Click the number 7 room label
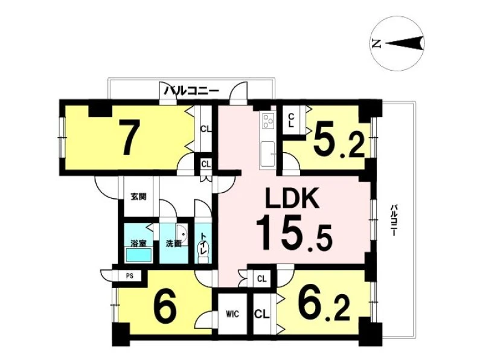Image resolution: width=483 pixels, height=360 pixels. [130, 137]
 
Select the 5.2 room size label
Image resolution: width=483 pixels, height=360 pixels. [339, 141]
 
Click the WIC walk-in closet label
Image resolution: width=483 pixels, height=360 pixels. [232, 314]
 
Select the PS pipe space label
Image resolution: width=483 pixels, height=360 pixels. [130, 276]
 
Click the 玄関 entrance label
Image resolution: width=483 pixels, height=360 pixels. [138, 196]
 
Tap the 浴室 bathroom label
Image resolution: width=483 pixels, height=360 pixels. [138, 243]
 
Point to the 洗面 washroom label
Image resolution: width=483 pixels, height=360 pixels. [174, 243]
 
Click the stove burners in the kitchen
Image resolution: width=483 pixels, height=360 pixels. [268, 121]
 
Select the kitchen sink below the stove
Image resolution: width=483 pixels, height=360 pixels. [268, 153]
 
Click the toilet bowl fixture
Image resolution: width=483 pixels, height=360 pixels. [203, 252]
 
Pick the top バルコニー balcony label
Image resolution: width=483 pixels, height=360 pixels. [191, 91]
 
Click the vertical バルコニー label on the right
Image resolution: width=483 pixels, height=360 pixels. [394, 220]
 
